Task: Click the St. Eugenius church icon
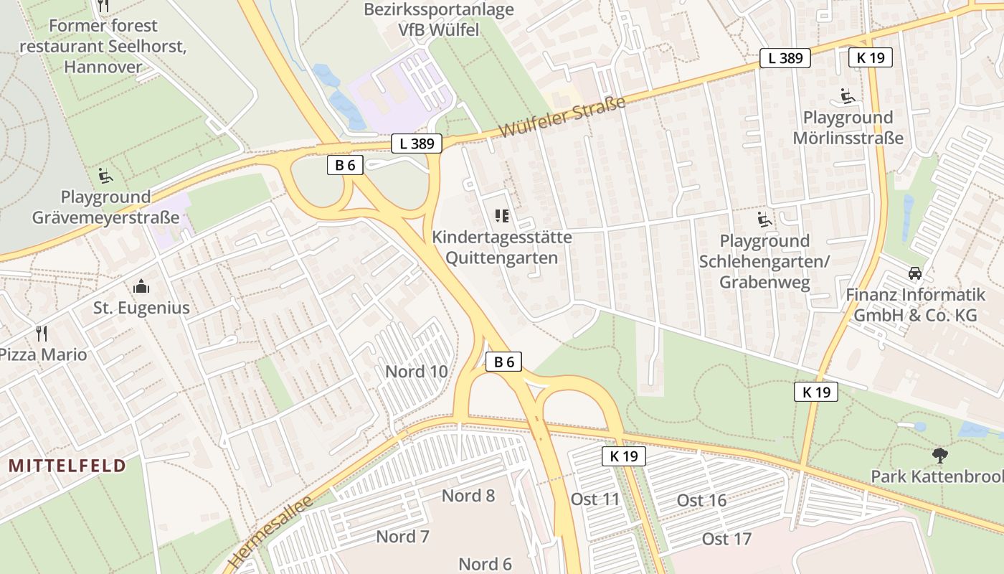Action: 141,286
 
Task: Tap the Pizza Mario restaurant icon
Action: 42,333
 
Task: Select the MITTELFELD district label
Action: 67,466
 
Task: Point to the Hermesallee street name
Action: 272,531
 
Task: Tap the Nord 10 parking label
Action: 417,371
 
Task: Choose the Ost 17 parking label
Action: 726,539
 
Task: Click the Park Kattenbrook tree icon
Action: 939,454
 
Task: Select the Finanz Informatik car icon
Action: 915,273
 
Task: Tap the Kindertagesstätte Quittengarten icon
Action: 501,215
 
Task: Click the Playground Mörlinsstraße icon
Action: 847,95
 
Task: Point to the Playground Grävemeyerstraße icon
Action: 105,174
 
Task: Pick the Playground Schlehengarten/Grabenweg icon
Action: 764,219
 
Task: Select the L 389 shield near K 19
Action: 785,58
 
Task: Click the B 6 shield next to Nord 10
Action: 503,362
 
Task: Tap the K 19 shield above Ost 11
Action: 623,456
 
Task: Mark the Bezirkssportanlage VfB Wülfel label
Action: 439,19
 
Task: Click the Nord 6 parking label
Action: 485,564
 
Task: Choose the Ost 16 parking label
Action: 701,500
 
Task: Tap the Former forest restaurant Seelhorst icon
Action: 103,6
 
